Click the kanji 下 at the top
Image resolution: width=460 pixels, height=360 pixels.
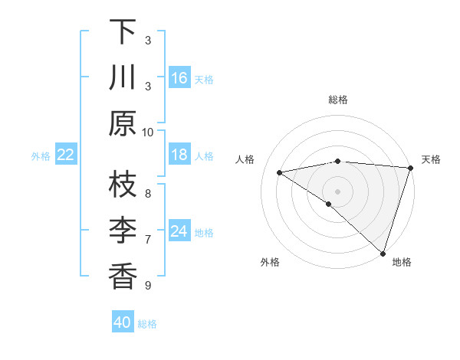coord(123,34)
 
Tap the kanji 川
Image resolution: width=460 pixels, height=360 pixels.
coord(123,80)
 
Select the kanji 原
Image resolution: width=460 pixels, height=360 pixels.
coord(123,123)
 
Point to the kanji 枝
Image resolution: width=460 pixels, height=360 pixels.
coord(123,185)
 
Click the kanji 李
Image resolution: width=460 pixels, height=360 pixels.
coord(123,231)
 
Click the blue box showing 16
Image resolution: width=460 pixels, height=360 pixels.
coord(179,78)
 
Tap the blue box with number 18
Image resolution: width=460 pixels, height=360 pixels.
coord(179,155)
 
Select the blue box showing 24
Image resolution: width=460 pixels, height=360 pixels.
coord(179,231)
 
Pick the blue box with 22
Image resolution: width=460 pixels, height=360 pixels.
coord(66,155)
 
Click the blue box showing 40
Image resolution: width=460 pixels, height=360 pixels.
coord(123,322)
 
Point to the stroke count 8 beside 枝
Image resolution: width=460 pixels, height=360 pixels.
coord(148,193)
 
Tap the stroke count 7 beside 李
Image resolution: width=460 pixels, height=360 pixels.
coord(148,239)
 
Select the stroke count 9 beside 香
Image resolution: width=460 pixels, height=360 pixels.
coord(148,286)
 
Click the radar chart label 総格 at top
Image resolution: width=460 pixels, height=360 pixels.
coord(337,100)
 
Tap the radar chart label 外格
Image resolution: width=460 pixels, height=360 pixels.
coord(269,262)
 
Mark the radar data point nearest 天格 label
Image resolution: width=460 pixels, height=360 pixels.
coord(410,167)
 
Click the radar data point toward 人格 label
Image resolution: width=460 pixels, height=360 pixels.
coord(280,172)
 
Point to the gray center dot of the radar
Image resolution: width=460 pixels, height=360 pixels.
coord(337,190)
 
